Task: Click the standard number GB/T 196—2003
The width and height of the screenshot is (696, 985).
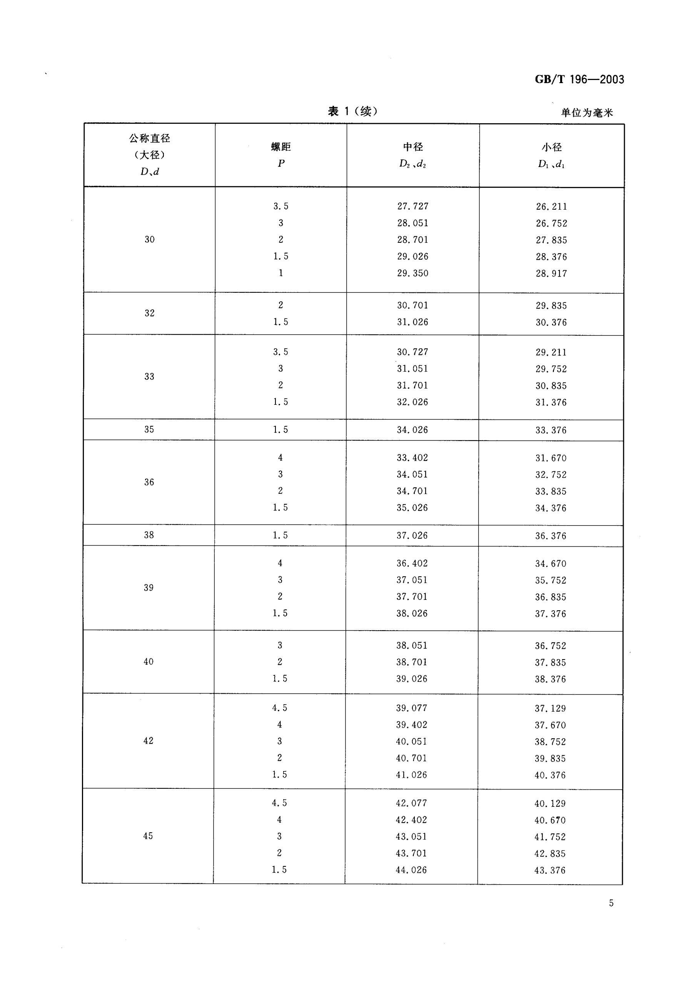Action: click(579, 79)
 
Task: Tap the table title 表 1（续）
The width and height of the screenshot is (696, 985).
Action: click(352, 112)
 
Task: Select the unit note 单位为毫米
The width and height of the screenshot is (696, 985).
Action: click(587, 113)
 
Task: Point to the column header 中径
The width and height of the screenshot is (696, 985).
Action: click(413, 147)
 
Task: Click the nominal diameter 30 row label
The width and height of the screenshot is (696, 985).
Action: click(149, 239)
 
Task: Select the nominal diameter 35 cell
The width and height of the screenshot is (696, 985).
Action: click(149, 429)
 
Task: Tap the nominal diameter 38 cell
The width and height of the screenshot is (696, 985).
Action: click(149, 535)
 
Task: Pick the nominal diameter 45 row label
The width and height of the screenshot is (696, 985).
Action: click(148, 836)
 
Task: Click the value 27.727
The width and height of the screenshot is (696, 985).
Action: click(413, 206)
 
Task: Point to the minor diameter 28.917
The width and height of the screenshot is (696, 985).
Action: click(551, 274)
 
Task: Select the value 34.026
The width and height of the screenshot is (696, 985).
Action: click(412, 430)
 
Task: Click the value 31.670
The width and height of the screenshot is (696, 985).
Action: click(551, 458)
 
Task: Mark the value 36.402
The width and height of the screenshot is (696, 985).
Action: click(412, 563)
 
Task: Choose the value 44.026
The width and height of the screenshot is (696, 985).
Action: click(411, 870)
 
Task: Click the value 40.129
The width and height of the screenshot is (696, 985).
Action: click(550, 803)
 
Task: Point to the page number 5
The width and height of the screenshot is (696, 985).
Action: click(611, 903)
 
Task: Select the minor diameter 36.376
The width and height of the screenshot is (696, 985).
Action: click(551, 536)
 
